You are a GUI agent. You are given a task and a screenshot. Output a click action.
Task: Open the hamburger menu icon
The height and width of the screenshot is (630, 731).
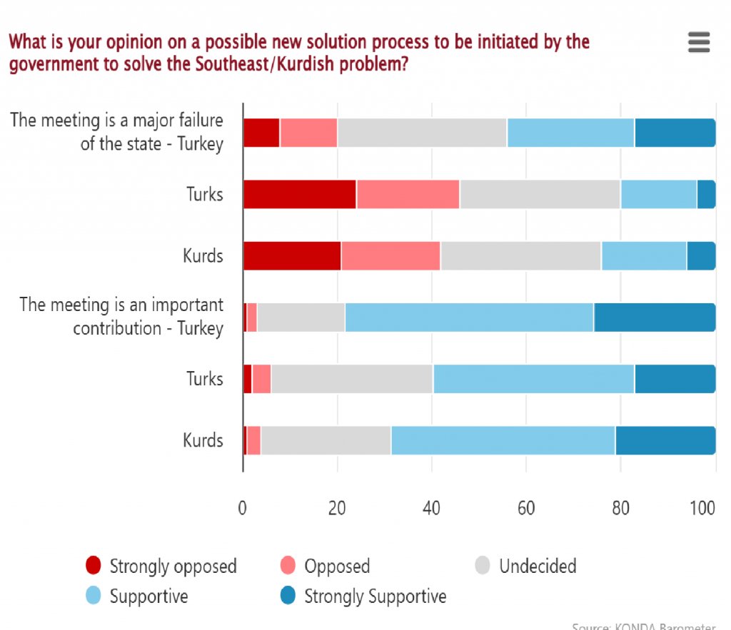point(699,42)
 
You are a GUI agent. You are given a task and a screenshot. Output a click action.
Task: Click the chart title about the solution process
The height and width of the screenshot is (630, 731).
point(299,53)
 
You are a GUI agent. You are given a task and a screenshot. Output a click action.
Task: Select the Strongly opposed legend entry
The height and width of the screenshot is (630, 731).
point(161,567)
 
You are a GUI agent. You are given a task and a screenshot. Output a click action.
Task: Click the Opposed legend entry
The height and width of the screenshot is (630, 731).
point(326,567)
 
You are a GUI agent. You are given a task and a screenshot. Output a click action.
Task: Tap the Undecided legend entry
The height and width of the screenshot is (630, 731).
point(526,567)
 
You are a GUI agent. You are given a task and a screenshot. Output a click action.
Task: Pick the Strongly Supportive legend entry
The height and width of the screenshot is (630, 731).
point(363,596)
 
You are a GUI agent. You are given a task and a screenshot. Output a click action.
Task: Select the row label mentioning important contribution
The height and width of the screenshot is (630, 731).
point(121,316)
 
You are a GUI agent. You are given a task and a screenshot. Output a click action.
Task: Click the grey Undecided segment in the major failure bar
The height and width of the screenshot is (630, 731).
point(422,133)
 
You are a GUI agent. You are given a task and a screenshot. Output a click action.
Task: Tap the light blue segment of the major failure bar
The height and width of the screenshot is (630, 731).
point(570,133)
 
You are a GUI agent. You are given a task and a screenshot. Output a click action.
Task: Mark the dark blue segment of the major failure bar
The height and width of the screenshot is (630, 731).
point(675,133)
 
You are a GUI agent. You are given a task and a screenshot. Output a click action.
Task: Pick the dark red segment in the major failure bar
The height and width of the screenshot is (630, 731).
point(261,133)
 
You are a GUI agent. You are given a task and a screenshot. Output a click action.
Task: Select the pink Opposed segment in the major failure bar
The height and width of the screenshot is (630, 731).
point(308,133)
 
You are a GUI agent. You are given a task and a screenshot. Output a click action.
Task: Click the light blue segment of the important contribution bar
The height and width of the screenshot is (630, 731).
point(469,317)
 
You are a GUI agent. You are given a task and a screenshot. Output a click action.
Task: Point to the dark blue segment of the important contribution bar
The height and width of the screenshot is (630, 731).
point(655,317)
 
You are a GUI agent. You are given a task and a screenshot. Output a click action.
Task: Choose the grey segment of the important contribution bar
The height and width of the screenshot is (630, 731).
point(301,317)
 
